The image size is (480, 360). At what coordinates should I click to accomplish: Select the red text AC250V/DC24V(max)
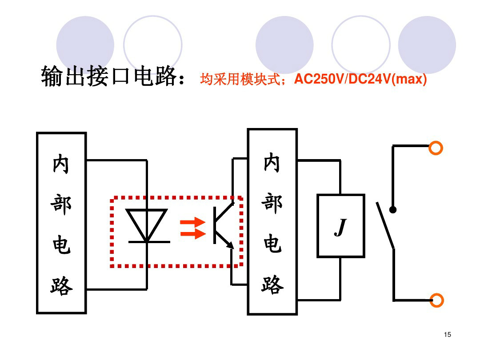click(x=360, y=80)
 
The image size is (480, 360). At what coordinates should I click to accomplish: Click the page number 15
click(x=447, y=335)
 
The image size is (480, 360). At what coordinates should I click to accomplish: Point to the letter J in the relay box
click(x=340, y=228)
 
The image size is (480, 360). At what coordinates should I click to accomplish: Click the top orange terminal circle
click(x=436, y=148)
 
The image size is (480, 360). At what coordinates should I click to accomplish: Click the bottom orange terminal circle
click(x=436, y=300)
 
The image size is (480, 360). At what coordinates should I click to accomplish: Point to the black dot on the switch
click(x=393, y=210)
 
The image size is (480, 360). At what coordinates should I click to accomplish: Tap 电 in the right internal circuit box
click(x=272, y=244)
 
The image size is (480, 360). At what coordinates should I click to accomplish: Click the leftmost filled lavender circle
click(x=85, y=44)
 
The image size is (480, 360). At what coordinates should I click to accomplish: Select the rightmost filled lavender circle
click(x=427, y=44)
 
